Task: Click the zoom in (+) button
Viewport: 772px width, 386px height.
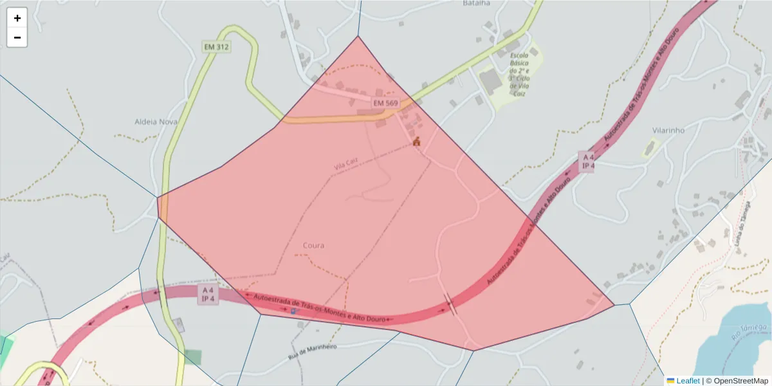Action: [17, 18]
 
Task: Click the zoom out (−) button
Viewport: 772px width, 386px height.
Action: [17, 37]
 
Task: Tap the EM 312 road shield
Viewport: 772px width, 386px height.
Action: [216, 47]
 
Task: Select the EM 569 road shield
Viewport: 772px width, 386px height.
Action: [385, 103]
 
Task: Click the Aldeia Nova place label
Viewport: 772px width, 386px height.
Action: [156, 122]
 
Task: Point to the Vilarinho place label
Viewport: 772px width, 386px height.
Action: [666, 130]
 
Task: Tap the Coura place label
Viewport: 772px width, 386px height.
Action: [313, 245]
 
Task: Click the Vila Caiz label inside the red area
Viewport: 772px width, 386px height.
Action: [345, 166]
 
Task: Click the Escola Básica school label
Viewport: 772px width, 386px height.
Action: [519, 75]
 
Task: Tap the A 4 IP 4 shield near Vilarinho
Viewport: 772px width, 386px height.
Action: [588, 161]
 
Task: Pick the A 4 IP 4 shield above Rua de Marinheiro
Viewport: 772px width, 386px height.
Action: [208, 294]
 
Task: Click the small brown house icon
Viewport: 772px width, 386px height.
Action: [416, 142]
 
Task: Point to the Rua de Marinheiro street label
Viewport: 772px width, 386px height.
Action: [313, 351]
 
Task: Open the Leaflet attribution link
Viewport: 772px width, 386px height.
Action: [687, 381]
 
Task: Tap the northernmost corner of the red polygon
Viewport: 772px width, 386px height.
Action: [358, 36]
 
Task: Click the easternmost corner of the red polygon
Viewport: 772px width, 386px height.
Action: [614, 305]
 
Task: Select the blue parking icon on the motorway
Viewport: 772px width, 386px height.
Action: [294, 311]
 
